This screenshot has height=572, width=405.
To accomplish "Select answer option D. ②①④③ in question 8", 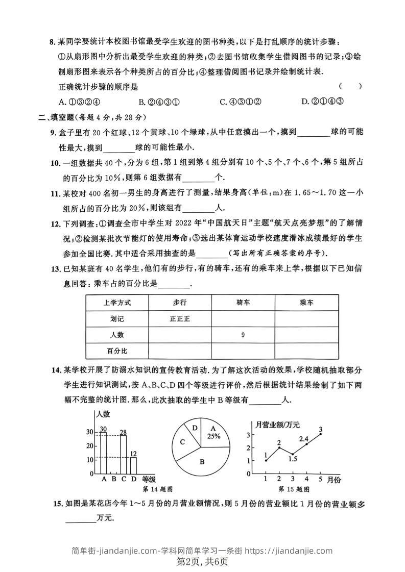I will point(322,101).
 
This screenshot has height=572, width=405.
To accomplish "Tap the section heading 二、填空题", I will point(57,117).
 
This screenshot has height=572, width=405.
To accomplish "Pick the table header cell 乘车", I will point(306,303).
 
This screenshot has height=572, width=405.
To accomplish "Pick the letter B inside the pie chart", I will point(202,462).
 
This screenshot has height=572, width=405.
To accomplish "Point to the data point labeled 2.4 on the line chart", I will point(306,444).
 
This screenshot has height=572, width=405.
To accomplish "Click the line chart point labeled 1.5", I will point(293,454).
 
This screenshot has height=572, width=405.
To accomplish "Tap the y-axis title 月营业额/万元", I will point(277,424).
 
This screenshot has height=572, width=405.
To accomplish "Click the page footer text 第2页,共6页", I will point(202,562).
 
